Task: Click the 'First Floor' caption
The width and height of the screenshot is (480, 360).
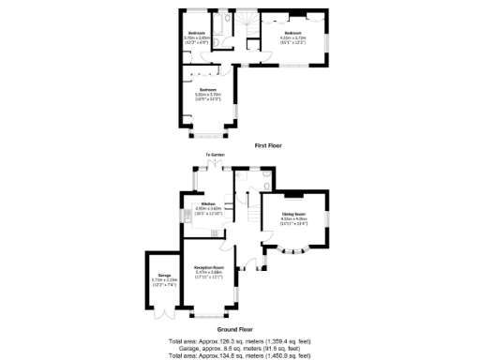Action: tap(268, 146)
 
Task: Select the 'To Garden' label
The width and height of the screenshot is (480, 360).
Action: tap(216, 155)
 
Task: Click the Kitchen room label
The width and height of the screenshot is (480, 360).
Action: tap(208, 204)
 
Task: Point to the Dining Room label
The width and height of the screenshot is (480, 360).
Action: tap(294, 215)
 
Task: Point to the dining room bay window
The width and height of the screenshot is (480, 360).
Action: tap(294, 250)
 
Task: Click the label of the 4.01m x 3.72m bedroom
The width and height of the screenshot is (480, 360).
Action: tap(293, 36)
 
